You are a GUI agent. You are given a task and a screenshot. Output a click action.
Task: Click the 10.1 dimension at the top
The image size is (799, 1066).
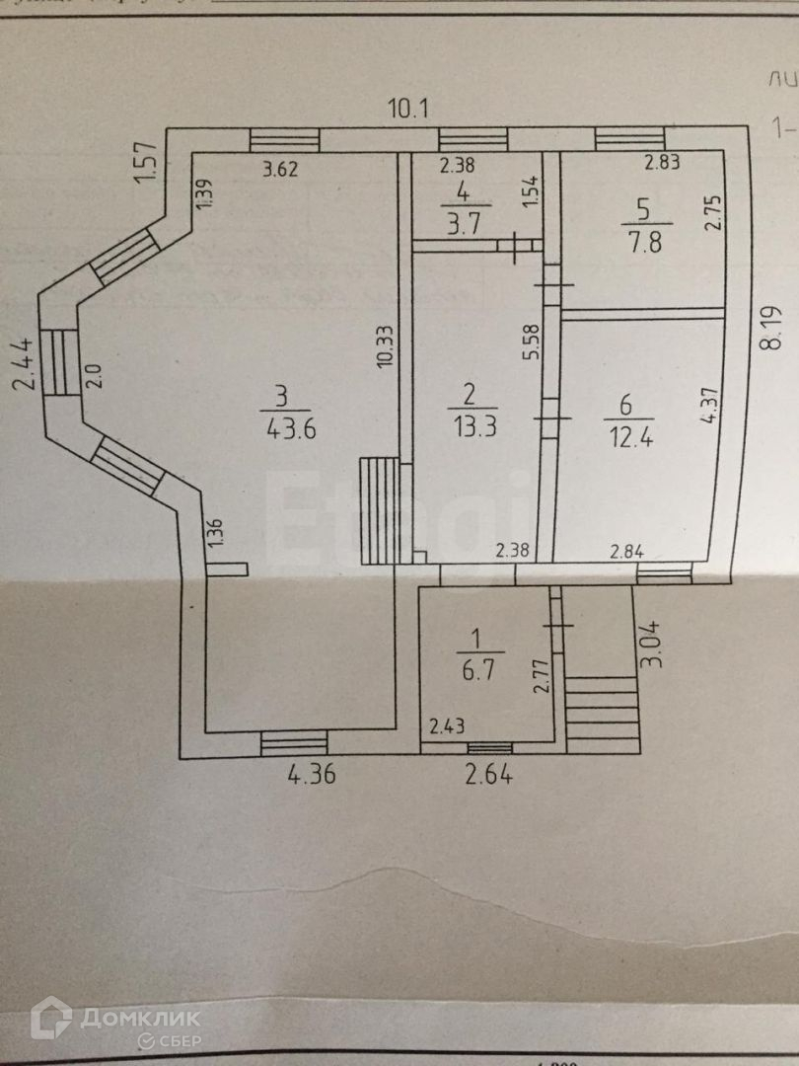pyautogui.click(x=407, y=108)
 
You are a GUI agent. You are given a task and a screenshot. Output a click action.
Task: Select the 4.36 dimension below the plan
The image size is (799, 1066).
pyautogui.click(x=312, y=776)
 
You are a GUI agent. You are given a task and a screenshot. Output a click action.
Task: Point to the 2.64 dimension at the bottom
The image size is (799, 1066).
pyautogui.click(x=488, y=776)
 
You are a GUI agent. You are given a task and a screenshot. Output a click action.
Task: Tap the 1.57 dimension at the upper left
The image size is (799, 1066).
pyautogui.click(x=147, y=163)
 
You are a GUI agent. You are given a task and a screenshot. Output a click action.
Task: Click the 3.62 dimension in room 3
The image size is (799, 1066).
pyautogui.click(x=282, y=169)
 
